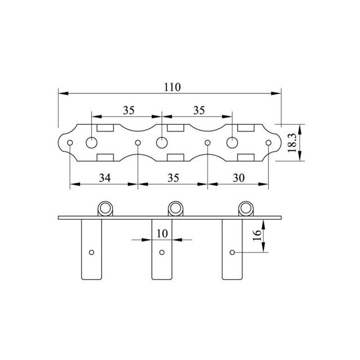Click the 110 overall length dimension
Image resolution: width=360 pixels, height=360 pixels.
(172, 87)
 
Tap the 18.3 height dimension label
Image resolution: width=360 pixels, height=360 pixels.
(292, 143)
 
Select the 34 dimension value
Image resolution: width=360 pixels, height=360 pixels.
(105, 178)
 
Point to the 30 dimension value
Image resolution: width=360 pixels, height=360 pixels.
(238, 178)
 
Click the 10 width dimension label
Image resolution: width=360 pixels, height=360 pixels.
(163, 234)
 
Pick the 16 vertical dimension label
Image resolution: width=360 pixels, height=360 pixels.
(257, 235)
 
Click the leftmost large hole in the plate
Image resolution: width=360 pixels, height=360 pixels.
(92, 143)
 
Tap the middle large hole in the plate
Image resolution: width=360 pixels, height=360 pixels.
(162, 143)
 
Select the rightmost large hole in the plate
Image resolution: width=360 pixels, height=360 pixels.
(232, 143)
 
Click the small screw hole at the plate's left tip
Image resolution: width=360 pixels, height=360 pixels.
(70, 143)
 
